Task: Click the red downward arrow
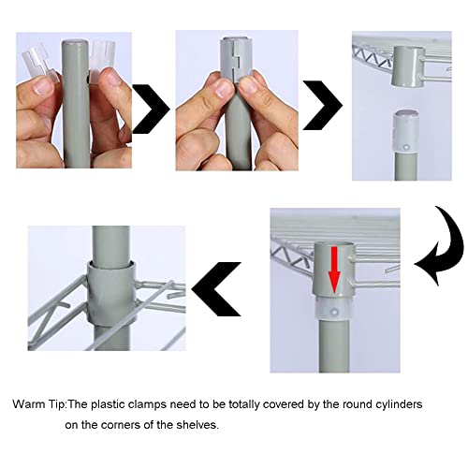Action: [334, 270]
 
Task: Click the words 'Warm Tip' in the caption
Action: [39, 404]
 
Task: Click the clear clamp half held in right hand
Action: [102, 59]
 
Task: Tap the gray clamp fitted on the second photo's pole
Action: [236, 58]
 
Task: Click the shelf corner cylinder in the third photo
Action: [407, 66]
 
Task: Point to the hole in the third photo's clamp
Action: [406, 147]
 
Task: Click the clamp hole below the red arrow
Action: [334, 312]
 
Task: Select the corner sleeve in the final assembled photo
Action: [110, 293]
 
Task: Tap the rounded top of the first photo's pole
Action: [75, 43]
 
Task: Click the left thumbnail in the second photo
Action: [224, 89]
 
